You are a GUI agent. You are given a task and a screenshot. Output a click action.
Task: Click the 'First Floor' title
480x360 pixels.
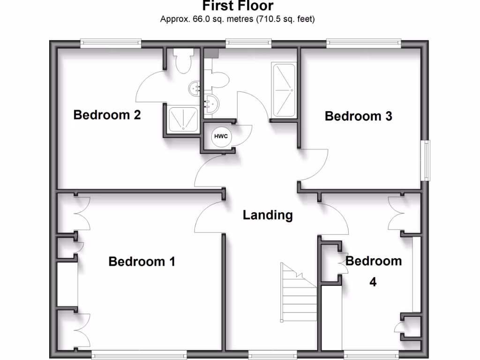[x=237, y=6]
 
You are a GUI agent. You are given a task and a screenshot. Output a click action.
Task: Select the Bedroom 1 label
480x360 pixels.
[x=142, y=261]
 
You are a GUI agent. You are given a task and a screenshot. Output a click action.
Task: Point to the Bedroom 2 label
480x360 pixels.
[x=107, y=115]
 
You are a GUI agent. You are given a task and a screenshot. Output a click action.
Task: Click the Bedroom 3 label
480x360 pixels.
[x=358, y=116]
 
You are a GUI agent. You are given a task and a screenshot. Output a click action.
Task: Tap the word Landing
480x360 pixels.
[x=268, y=215]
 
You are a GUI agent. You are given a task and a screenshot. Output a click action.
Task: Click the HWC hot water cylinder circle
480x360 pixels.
[x=221, y=136]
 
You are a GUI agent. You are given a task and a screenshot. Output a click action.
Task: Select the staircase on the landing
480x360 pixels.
[x=298, y=291]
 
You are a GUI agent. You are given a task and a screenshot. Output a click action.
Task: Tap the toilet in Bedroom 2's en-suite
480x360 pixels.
[x=182, y=60]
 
